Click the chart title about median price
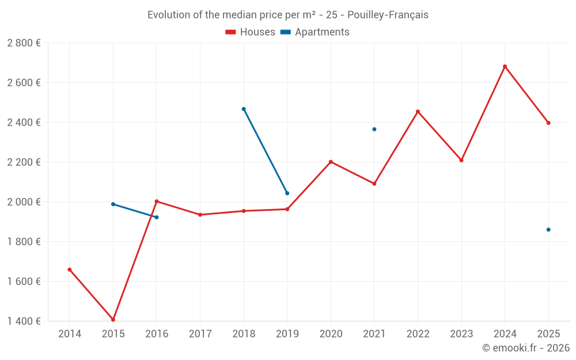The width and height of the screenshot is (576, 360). (x=287, y=15)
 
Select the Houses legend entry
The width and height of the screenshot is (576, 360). (x=251, y=32)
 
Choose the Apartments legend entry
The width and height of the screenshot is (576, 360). (x=315, y=32)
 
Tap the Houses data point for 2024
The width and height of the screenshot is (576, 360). (x=505, y=66)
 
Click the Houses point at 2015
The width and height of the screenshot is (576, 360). (x=113, y=320)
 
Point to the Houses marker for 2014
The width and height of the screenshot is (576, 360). (x=70, y=270)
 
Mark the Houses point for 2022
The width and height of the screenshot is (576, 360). (x=418, y=112)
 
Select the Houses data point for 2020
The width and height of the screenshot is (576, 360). (x=331, y=162)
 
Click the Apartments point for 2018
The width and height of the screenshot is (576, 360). (x=244, y=109)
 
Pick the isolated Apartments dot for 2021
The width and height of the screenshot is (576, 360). (x=374, y=129)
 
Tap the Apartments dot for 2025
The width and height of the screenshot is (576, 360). (x=548, y=230)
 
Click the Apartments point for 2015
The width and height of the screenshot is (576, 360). (x=113, y=204)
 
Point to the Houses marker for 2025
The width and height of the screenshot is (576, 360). (x=548, y=123)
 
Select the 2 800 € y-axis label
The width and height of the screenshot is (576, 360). (x=24, y=43)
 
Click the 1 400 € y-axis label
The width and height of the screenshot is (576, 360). (x=24, y=321)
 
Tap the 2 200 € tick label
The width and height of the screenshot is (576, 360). (x=24, y=162)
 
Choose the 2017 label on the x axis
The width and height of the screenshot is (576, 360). (x=200, y=334)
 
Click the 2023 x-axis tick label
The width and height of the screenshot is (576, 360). (x=461, y=334)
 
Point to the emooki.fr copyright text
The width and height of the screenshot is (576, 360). (x=525, y=348)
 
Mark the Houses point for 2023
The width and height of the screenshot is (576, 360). (x=461, y=160)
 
